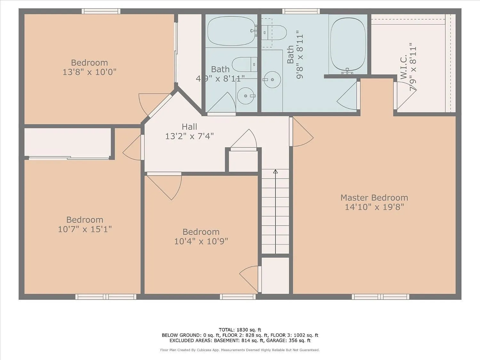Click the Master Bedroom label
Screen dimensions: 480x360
[374, 197]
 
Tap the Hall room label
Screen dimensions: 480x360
[189, 126]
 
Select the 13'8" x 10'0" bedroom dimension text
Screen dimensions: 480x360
[89, 72]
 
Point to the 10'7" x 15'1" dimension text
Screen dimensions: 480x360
[85, 229]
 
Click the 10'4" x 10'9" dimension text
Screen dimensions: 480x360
[201, 241]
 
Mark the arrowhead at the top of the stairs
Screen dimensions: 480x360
[275, 172]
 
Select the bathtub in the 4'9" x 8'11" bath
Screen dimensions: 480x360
[232, 31]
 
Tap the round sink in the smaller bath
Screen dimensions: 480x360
[246, 96]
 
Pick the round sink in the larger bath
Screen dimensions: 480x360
[272, 80]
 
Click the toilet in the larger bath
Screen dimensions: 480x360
[274, 32]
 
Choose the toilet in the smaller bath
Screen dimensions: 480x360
[244, 64]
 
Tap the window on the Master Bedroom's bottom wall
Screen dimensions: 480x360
[380, 297]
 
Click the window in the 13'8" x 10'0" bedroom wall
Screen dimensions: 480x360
[101, 11]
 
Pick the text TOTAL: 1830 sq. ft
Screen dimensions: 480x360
[240, 330]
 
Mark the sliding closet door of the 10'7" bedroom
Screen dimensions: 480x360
[69, 158]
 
